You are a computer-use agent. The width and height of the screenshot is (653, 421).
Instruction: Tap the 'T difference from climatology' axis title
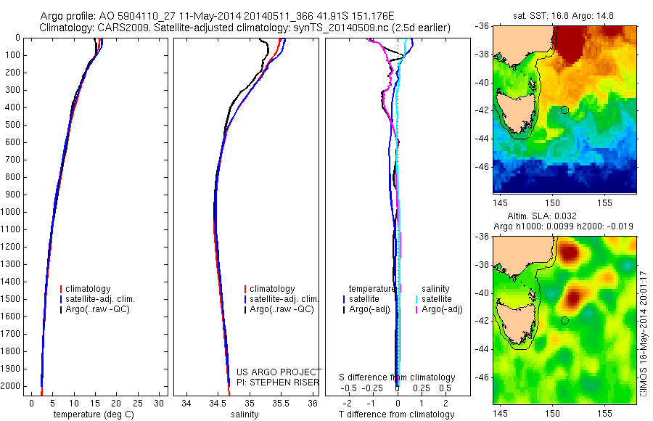coord(396,414)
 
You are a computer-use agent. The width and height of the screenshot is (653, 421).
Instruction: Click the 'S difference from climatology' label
coord(398,377)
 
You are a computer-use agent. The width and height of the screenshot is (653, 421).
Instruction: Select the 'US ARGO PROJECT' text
coord(279,372)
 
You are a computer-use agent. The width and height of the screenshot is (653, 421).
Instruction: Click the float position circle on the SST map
coord(564,110)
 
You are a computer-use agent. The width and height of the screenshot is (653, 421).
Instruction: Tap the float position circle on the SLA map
coord(564,320)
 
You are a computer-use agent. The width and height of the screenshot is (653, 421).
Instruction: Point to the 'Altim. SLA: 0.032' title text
coord(563,217)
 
